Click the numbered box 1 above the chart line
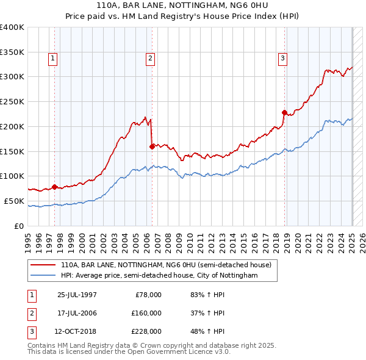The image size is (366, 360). pos(53,59)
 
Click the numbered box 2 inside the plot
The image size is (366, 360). pos(149,59)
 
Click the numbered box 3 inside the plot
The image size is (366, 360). pos(283,59)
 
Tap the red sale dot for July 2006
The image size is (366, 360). pos(152,146)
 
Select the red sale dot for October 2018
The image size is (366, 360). pos(284,112)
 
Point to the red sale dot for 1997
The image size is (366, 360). pos(55,187)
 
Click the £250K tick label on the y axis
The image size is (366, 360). pos(12,101)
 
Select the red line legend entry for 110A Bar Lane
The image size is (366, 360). pos(170,265)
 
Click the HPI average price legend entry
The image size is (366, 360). pos(159,275)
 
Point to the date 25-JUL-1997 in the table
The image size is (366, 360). pos(77,295)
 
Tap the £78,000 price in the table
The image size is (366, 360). pos(148,295)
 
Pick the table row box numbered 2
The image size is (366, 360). pos(31,313)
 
